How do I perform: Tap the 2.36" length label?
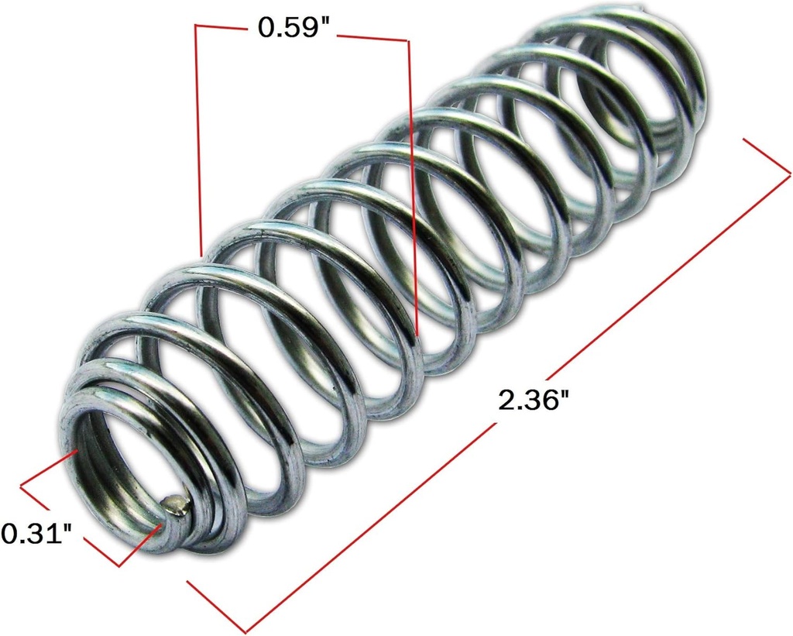click(x=534, y=401)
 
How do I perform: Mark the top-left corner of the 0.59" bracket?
click(x=196, y=26)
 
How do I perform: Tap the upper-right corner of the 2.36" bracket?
click(x=790, y=171)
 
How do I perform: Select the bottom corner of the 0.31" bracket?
click(x=120, y=566)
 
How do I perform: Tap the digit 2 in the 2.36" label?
click(x=508, y=401)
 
